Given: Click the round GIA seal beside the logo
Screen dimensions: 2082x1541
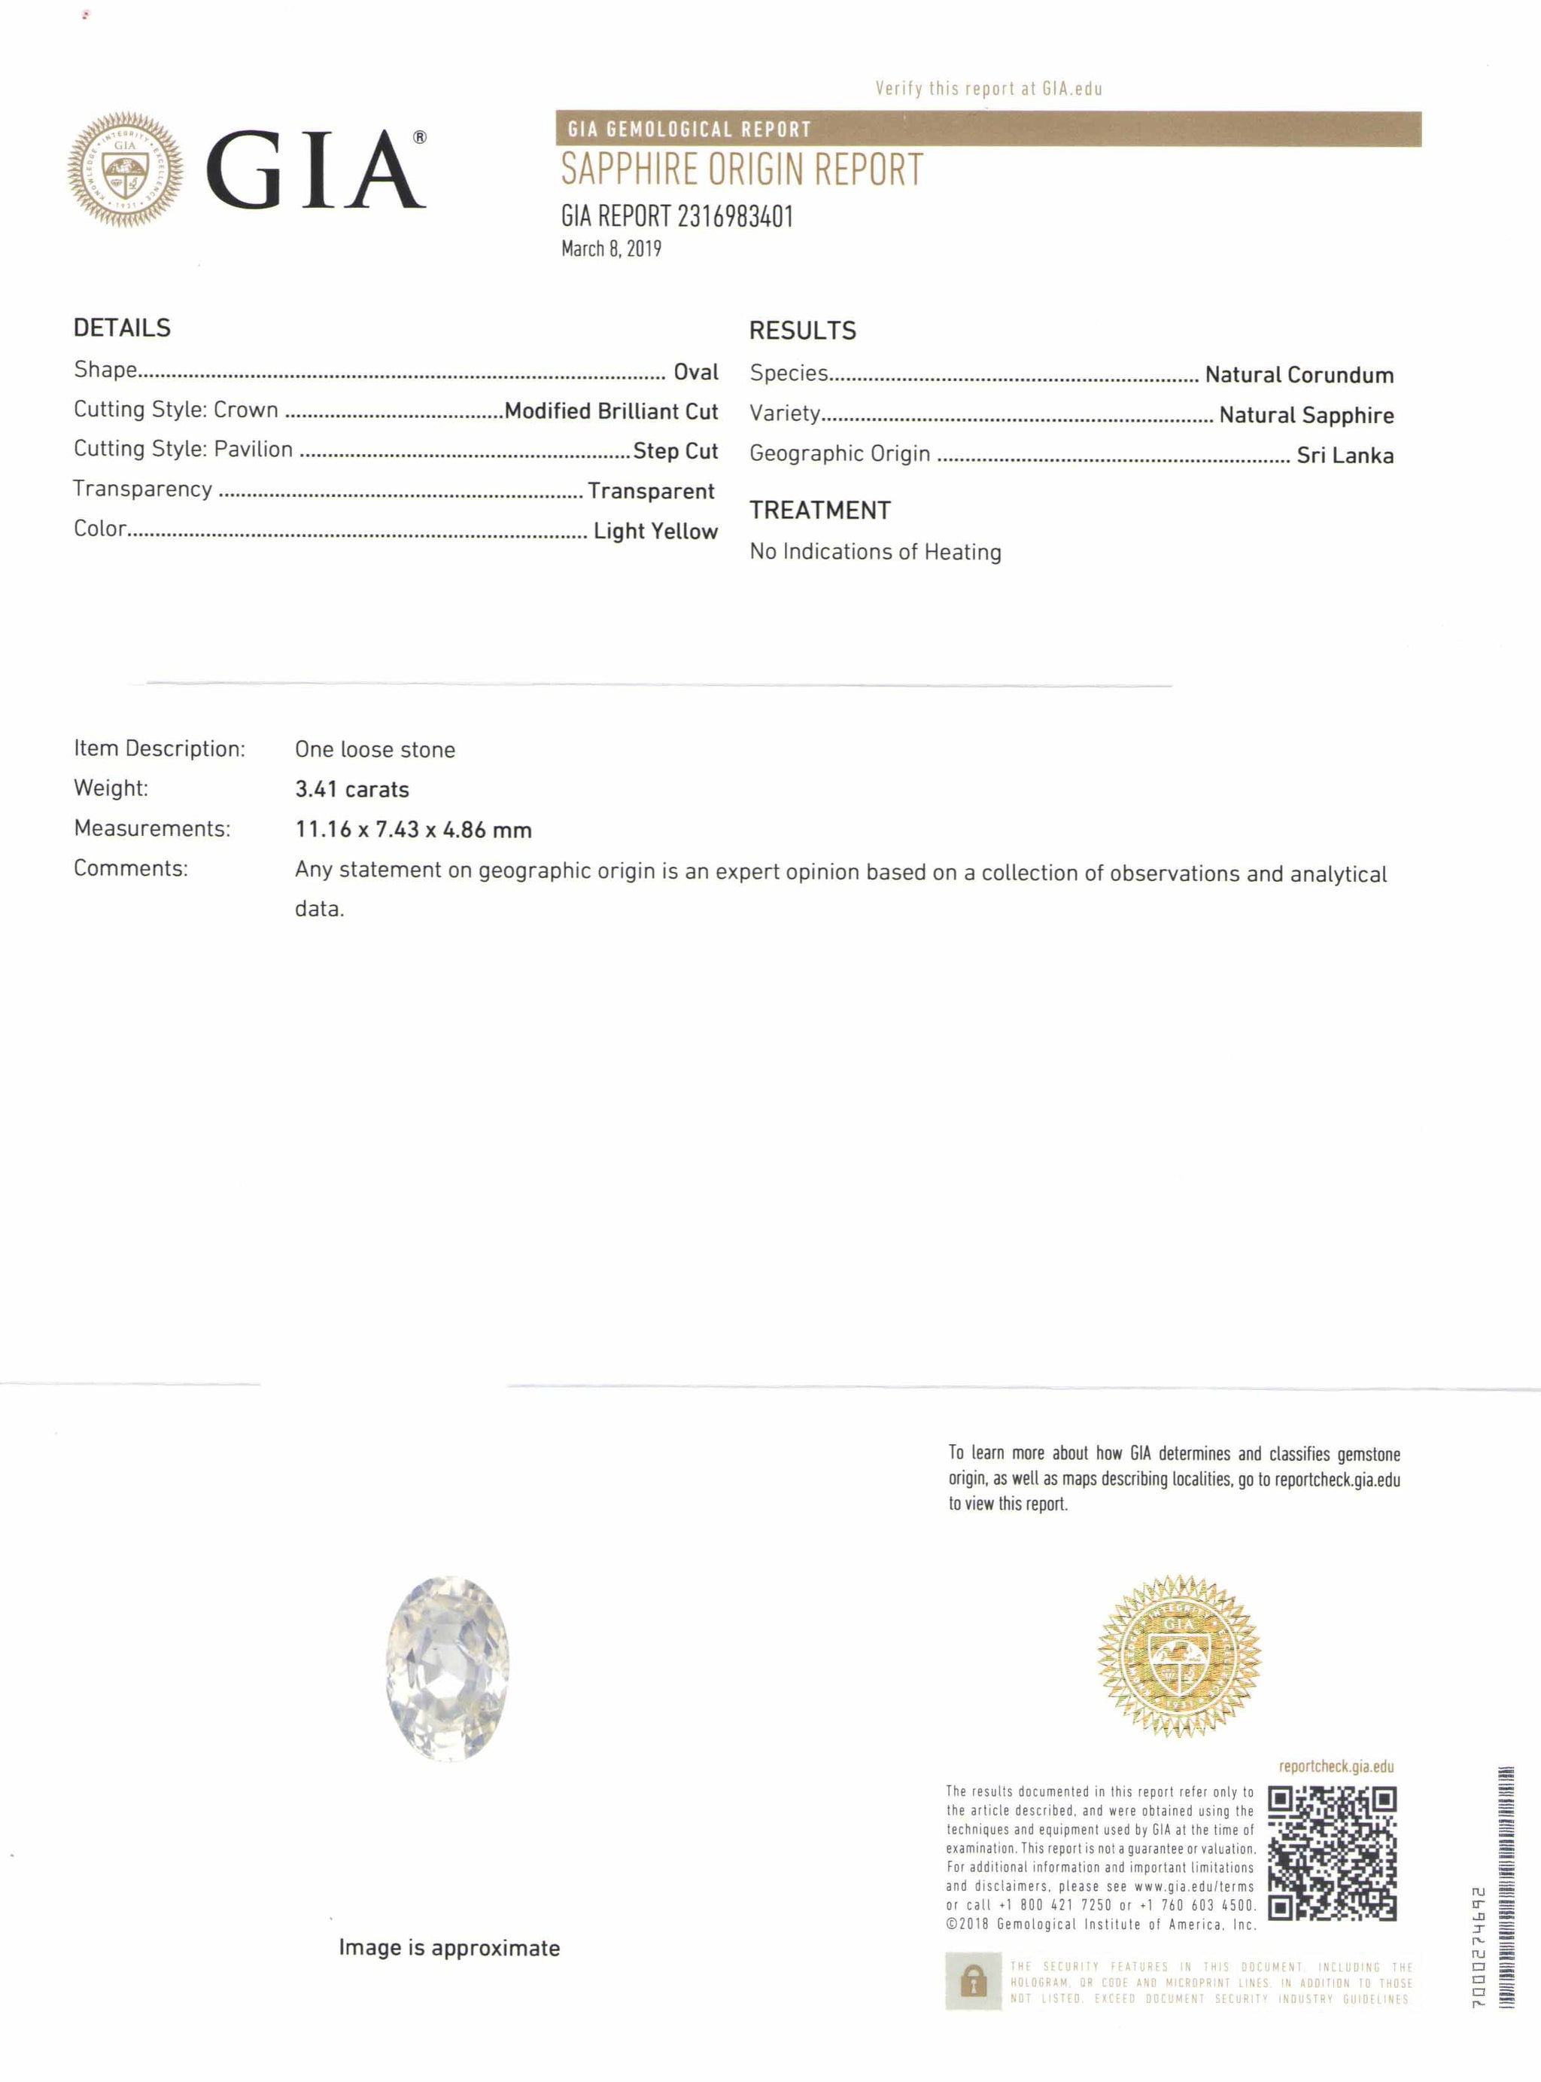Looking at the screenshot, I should [125, 170].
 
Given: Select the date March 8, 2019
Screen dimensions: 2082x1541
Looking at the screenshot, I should [611, 249].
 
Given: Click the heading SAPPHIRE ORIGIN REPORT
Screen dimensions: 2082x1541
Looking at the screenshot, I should [742, 170].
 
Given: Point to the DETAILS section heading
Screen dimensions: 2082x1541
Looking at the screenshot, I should [122, 328].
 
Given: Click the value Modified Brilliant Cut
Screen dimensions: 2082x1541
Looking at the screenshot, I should [611, 412].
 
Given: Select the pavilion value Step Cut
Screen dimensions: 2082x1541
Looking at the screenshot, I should [676, 452].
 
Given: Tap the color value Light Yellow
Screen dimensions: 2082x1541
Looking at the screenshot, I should [656, 531].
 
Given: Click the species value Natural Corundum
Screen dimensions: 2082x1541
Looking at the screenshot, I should [1299, 375].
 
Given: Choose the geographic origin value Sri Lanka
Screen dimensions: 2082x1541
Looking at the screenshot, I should [1345, 456].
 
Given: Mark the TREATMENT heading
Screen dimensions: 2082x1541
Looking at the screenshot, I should [820, 511].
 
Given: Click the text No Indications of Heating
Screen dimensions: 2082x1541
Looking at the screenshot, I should [875, 551].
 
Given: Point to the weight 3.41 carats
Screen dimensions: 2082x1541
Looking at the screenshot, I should [351, 789].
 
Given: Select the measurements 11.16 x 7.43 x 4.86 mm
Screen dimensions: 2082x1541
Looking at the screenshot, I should [413, 830].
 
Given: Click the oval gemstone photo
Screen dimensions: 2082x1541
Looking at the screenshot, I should [448, 1669].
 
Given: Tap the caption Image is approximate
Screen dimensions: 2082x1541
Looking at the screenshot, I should [448, 1948].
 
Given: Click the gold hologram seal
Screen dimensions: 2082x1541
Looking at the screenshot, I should [1179, 1656].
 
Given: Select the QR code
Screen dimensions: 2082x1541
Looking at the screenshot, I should [1331, 1852].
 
